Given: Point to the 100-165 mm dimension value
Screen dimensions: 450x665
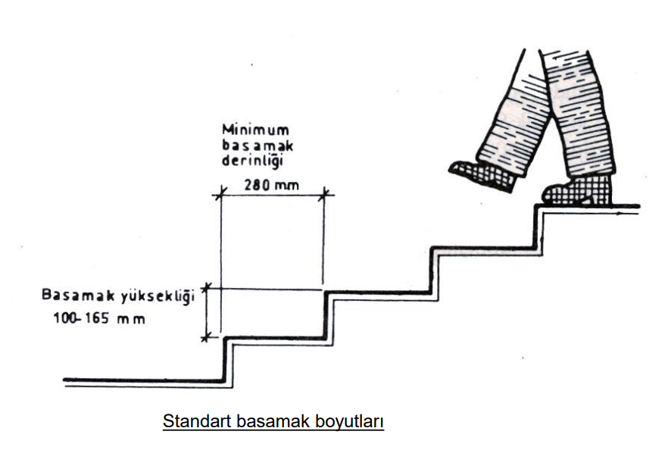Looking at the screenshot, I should coord(98,319).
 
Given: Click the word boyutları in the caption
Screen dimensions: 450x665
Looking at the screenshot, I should coord(354,421).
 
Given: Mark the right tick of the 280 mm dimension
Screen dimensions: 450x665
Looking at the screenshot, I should coord(326,195).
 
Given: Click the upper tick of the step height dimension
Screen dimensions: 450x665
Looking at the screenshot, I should coord(205,289).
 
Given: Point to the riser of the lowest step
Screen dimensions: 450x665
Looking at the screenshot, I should coord(226,360).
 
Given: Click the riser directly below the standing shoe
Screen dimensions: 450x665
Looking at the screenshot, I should coord(536,227).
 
